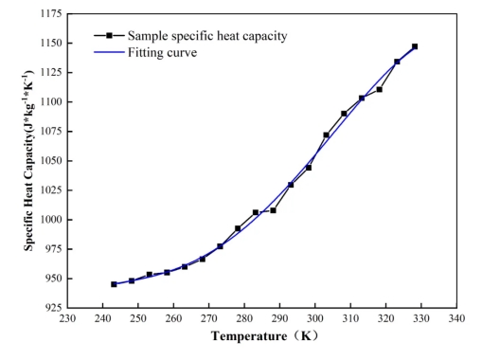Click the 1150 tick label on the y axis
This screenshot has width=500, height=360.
[x=51, y=43]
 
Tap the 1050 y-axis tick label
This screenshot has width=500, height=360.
[x=51, y=160]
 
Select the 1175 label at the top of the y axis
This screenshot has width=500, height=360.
[x=51, y=13]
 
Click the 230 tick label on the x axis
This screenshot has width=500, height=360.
[x=67, y=318]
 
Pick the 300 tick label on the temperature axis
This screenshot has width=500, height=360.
[x=315, y=318]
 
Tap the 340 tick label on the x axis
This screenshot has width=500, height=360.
[x=456, y=318]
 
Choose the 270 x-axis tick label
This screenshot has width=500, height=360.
[x=209, y=318]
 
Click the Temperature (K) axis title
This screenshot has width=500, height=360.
[x=264, y=336]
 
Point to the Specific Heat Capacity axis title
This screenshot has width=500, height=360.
[x=28, y=160]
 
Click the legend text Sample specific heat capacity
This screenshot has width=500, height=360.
[x=207, y=36]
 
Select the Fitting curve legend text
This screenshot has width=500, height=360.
[x=163, y=53]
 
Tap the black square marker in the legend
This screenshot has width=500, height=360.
[x=109, y=35]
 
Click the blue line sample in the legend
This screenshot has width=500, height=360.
[x=109, y=52]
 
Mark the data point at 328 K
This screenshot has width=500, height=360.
[x=415, y=46]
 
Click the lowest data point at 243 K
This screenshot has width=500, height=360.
[x=114, y=284]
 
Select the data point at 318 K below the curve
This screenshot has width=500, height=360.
[x=379, y=90]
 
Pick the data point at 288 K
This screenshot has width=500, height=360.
[x=273, y=210]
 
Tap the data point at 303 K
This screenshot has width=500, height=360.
[x=326, y=135]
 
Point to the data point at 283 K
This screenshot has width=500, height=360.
[x=256, y=212]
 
